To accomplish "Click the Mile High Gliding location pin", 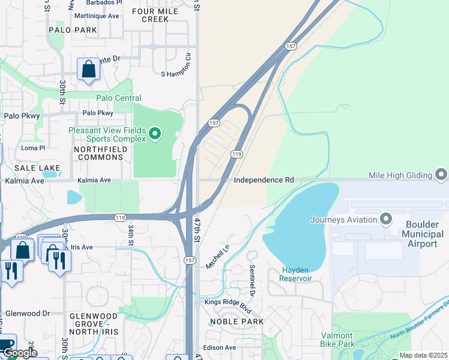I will pos(441,175).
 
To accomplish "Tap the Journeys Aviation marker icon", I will pos(385,218).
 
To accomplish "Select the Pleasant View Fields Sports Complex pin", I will pos(155,133).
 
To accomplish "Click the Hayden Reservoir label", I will pos(297,274).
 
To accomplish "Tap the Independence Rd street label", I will pos(264,180).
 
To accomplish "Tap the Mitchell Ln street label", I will pos(217,257).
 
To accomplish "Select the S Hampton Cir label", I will pos(175,74).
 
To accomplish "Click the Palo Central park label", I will pos(119,98).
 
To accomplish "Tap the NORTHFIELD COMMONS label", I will pos(99,152).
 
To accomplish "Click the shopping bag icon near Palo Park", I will pos(88,69).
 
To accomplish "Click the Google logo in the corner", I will pos(20,353).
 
